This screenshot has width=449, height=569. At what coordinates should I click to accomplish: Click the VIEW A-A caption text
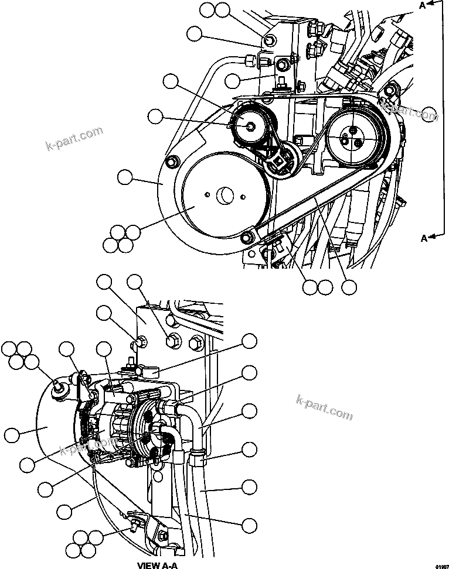(x=157, y=565)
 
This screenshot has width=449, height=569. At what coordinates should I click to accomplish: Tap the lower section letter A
(x=422, y=237)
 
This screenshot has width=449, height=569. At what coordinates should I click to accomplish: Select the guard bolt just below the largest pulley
(x=248, y=236)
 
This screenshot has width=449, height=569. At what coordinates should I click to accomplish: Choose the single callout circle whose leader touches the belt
(x=349, y=287)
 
